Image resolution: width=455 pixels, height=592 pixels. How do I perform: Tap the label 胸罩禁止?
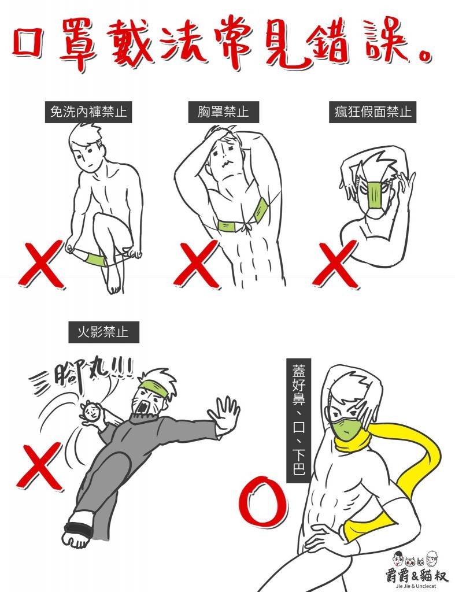(223, 111)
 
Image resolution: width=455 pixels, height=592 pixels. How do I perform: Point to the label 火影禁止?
(103, 332)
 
